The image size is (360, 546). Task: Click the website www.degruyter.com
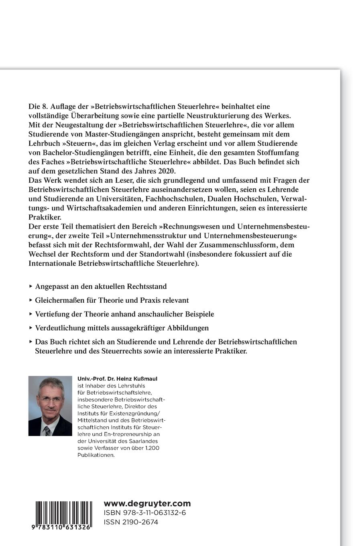coord(147,503)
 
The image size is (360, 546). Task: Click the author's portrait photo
coord(50,406)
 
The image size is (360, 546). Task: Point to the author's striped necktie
coord(47,431)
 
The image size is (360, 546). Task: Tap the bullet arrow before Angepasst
coord(31,287)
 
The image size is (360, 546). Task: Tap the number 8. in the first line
coord(44,106)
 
